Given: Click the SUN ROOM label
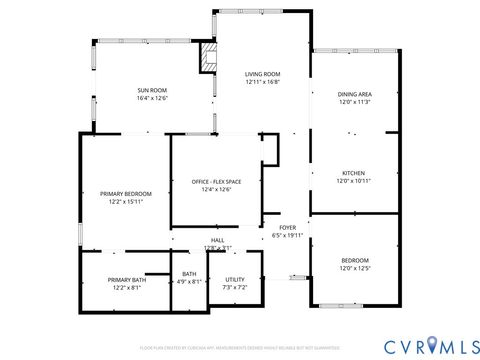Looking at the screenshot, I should (152, 90).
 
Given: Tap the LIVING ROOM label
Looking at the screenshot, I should (263, 74).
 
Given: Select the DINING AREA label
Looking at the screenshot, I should (354, 94).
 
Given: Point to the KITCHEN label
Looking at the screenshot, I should (354, 172).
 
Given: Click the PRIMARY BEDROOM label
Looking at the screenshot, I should (126, 193).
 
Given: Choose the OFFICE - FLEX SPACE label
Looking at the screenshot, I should (217, 181).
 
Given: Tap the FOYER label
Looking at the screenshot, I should (287, 227).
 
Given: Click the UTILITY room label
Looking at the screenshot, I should (235, 280).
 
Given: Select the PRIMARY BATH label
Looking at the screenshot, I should (127, 280).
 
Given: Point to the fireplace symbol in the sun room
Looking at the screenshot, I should (207, 58).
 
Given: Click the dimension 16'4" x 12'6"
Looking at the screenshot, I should (152, 99).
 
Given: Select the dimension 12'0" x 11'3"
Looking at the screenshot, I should (354, 102).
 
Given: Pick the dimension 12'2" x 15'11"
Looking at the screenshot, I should (126, 202).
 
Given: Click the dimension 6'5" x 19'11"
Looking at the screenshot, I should (287, 236).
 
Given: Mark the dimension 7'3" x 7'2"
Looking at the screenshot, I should (235, 288).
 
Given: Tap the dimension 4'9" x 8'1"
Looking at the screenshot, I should (189, 282).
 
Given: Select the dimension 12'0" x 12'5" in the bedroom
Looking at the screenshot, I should (354, 269).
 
